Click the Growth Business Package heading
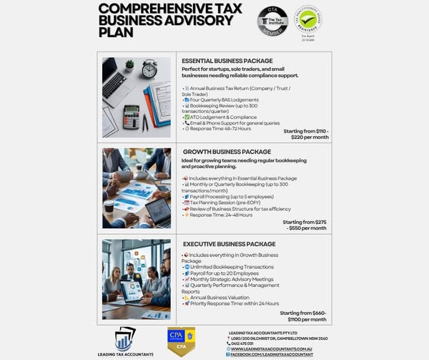(227, 152)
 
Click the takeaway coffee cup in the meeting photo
(109, 206)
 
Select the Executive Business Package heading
(229, 244)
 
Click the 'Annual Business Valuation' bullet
(218, 296)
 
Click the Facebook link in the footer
(272, 354)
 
